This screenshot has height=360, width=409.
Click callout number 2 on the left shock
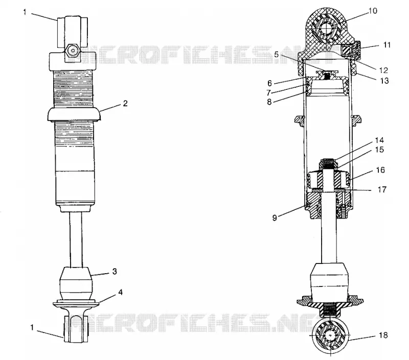click(125, 104)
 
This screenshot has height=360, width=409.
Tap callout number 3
click(115, 272)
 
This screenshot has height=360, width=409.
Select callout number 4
click(120, 292)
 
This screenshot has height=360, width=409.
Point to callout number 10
click(373, 11)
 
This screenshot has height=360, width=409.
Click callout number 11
click(387, 45)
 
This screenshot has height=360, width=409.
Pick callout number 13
click(384, 81)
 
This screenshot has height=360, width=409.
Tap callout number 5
click(276, 55)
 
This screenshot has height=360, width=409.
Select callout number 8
click(269, 102)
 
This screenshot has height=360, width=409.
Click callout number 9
click(275, 218)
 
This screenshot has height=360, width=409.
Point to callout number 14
click(379, 140)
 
